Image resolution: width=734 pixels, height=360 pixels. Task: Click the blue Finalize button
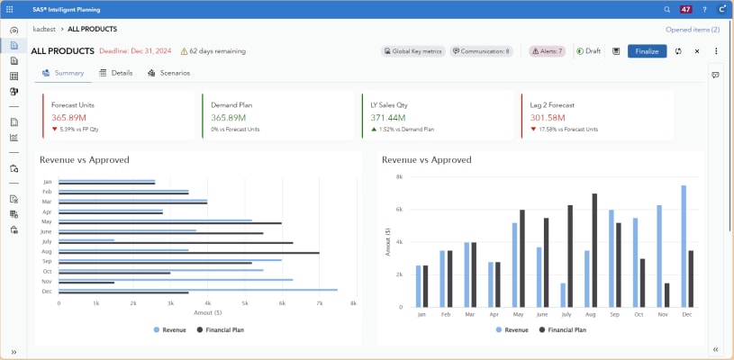click(646, 51)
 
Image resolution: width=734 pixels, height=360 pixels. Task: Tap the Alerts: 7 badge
click(547, 51)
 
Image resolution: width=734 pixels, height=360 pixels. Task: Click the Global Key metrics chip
click(412, 51)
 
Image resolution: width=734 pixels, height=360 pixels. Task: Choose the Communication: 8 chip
click(481, 51)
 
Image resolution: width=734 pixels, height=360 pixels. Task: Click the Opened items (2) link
click(693, 30)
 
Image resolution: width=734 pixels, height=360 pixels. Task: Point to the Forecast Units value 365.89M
click(68, 118)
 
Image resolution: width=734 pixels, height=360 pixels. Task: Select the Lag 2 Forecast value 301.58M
click(548, 118)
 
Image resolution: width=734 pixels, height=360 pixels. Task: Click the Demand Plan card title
click(231, 105)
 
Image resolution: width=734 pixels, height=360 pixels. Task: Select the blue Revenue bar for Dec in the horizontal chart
click(198, 290)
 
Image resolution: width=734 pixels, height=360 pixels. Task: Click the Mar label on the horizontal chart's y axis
click(47, 202)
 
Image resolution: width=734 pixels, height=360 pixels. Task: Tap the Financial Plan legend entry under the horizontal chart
click(217, 330)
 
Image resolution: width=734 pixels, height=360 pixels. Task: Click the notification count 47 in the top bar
click(685, 9)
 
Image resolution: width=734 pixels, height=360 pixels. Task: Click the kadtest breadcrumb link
click(45, 30)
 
